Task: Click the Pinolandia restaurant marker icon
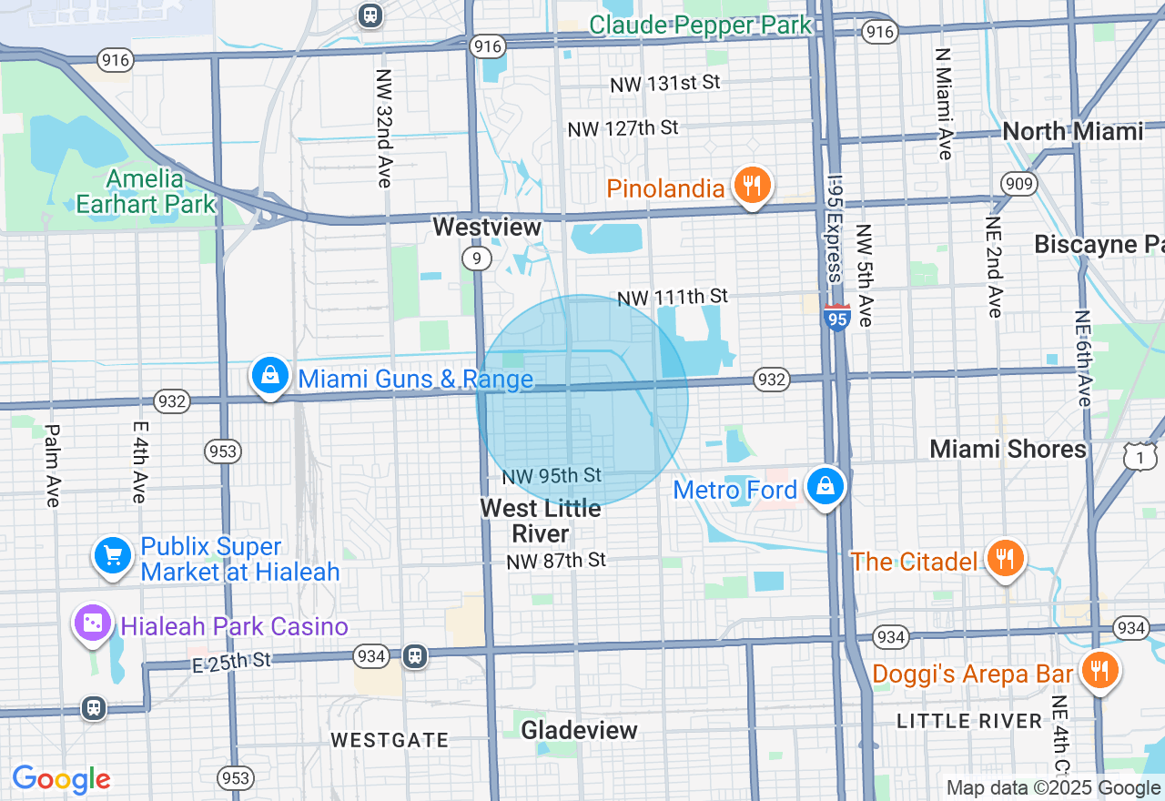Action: pos(752,186)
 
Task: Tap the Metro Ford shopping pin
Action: pos(826,487)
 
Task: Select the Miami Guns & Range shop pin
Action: pos(269,375)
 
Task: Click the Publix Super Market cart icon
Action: pos(113,554)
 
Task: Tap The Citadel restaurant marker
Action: pos(1005,559)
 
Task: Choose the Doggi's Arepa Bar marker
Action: pos(1099,671)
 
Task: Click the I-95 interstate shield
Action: pos(836,318)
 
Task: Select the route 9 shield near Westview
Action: pos(476,259)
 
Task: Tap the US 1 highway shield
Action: pos(1140,457)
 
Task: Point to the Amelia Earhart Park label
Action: pos(145,191)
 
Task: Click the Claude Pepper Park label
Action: pos(699,25)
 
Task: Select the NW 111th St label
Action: pos(673,297)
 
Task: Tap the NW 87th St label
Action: pos(556,560)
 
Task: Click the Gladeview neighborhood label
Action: pos(579,730)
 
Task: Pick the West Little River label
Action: pos(541,521)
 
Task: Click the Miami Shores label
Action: pos(1008,449)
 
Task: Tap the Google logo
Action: pos(61,779)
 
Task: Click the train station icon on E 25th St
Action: pos(414,655)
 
